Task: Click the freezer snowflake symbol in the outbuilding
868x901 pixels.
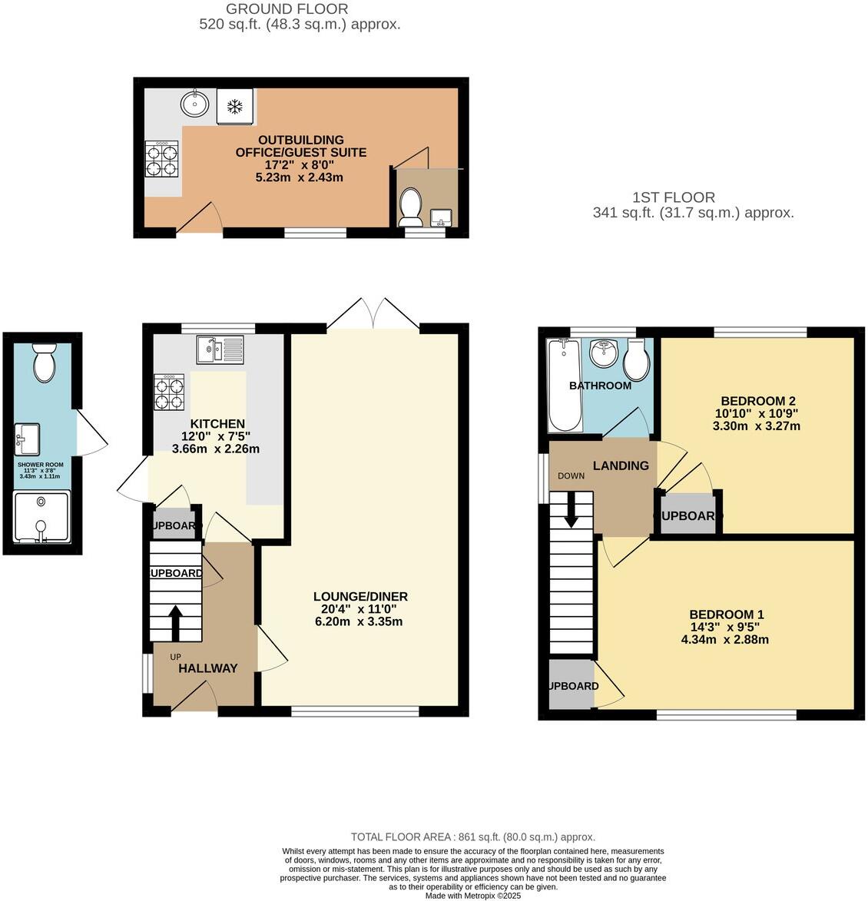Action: (234, 105)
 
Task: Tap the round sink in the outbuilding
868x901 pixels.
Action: (195, 103)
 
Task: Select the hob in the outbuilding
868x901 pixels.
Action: (161, 160)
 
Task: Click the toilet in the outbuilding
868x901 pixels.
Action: (411, 207)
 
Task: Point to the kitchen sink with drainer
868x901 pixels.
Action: (220, 349)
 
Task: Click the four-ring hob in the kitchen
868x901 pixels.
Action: (169, 392)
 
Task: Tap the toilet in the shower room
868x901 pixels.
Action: (44, 363)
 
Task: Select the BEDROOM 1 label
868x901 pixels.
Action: (726, 614)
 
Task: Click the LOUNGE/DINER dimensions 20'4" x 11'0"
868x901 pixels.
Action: (359, 609)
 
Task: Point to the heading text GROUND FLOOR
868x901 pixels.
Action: (287, 9)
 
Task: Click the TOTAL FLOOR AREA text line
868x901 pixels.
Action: (472, 837)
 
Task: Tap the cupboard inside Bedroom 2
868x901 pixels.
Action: (687, 515)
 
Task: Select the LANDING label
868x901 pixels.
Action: (621, 465)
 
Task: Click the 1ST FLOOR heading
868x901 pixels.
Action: (674, 197)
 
